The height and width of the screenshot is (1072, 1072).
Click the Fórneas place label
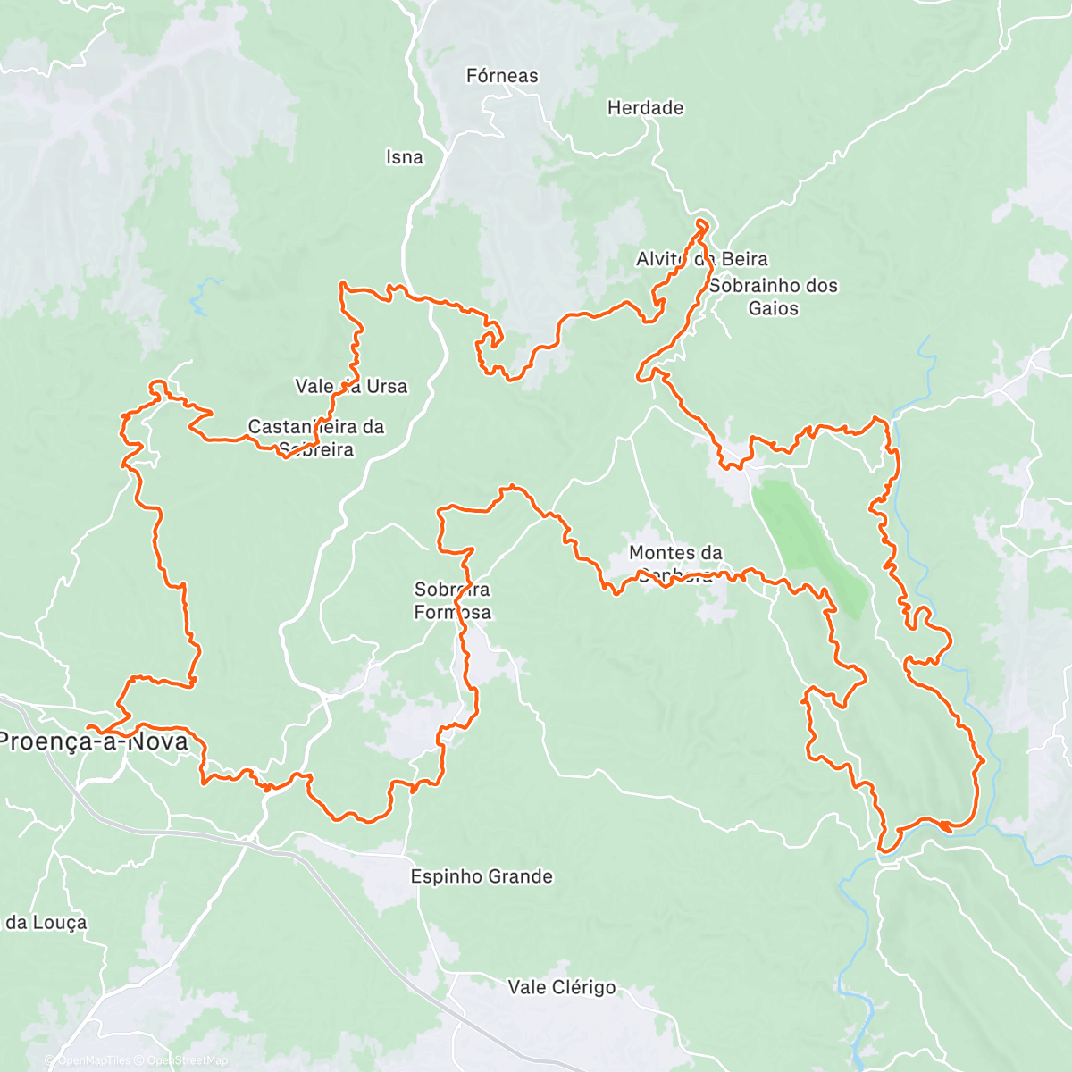pos(502,76)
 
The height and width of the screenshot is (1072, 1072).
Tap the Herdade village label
pos(645,108)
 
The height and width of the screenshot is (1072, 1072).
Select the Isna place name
pos(404,157)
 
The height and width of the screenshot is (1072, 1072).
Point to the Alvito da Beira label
pos(701,259)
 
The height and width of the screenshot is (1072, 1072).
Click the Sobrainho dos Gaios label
pos(774,297)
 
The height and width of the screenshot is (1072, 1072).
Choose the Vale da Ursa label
pos(351,387)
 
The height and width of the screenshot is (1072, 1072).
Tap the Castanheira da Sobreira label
pos(315,438)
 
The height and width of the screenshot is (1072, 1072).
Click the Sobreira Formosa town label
pos(452,600)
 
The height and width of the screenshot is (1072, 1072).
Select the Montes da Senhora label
pos(675,564)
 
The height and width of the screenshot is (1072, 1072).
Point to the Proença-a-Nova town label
pos(94,741)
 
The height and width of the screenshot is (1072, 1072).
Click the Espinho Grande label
pos(482,876)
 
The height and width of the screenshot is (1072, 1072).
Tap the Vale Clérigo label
pos(562,987)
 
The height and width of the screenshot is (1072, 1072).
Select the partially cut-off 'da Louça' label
pos(45,923)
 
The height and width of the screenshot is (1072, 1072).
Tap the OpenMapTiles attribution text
pos(93,1060)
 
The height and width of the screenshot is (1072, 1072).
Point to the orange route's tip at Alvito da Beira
pos(702,223)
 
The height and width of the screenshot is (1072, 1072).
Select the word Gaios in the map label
pos(774,308)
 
